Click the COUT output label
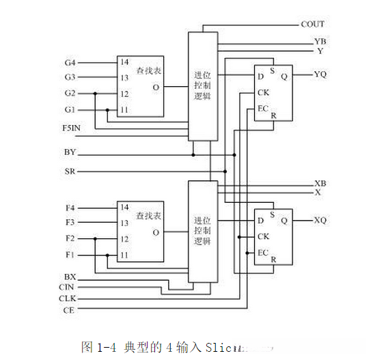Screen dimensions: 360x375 (x=313, y=24)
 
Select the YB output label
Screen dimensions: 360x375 (x=320, y=42)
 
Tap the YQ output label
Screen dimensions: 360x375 (x=320, y=74)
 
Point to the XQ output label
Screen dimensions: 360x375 (x=320, y=220)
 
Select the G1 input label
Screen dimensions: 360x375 (x=70, y=109)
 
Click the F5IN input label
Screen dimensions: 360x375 (x=73, y=128)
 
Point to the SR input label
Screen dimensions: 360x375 (x=70, y=171)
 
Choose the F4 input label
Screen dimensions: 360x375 (x=70, y=207)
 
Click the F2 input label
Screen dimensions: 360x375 (x=70, y=239)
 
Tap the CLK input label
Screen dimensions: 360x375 (x=66, y=299)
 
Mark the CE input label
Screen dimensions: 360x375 (x=68, y=311)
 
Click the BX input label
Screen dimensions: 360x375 (x=70, y=277)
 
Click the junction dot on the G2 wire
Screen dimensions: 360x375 (x=96, y=94)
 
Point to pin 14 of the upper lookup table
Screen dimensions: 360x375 (x=124, y=62)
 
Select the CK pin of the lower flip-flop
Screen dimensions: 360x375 (x=262, y=237)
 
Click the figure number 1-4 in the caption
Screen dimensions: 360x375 (x=103, y=346)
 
